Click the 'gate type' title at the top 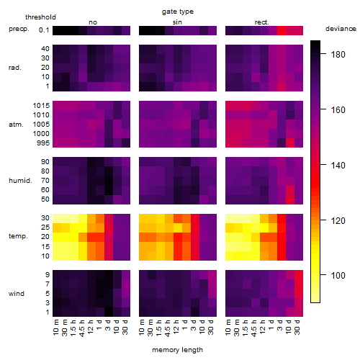(x=178, y=12)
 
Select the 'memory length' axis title (x=177, y=350)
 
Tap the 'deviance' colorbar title (x=341, y=29)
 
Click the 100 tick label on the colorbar (x=338, y=275)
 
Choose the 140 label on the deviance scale (x=338, y=166)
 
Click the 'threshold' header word (x=40, y=17)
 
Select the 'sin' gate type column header (x=177, y=22)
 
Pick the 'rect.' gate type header (x=261, y=22)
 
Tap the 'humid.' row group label (x=20, y=181)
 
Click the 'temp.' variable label (x=18, y=236)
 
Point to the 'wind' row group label (x=17, y=294)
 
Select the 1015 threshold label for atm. (x=41, y=106)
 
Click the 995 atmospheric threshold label (x=43, y=143)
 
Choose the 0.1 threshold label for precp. (x=44, y=30)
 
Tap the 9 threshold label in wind (x=48, y=275)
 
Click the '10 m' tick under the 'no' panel (x=55, y=328)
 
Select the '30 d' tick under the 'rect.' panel (x=297, y=328)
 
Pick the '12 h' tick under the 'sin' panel (x=176, y=328)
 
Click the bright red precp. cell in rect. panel (x=282, y=30)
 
